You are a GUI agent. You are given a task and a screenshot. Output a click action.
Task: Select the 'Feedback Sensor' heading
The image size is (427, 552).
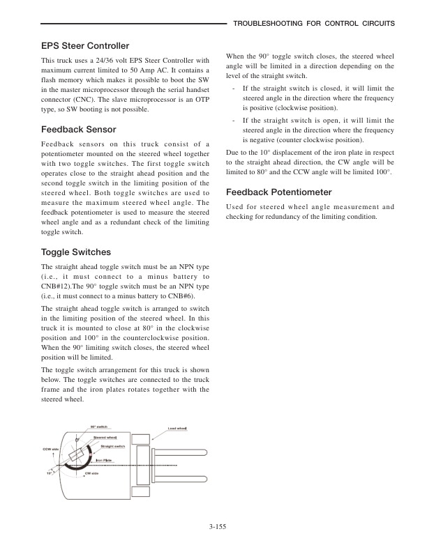[x=78, y=130]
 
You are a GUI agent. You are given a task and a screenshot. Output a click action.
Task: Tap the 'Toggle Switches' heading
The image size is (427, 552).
[x=77, y=251]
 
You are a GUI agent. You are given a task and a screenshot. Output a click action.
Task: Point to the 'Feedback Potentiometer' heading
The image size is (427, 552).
[x=279, y=192]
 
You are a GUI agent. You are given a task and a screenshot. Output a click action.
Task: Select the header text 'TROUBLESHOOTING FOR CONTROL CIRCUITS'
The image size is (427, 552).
[x=314, y=23]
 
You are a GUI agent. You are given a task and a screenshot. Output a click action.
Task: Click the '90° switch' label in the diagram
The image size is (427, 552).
[x=98, y=426]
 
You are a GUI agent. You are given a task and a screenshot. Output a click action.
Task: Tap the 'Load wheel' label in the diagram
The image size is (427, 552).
[x=177, y=428]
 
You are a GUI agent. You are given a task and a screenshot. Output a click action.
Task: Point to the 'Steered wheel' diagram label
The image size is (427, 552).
[x=106, y=437]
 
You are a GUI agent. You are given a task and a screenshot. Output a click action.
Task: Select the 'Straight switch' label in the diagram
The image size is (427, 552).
[x=113, y=445]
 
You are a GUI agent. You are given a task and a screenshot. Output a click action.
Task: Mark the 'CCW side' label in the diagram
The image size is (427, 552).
[x=50, y=449]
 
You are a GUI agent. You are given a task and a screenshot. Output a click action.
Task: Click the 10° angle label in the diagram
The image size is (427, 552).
[x=50, y=472]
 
